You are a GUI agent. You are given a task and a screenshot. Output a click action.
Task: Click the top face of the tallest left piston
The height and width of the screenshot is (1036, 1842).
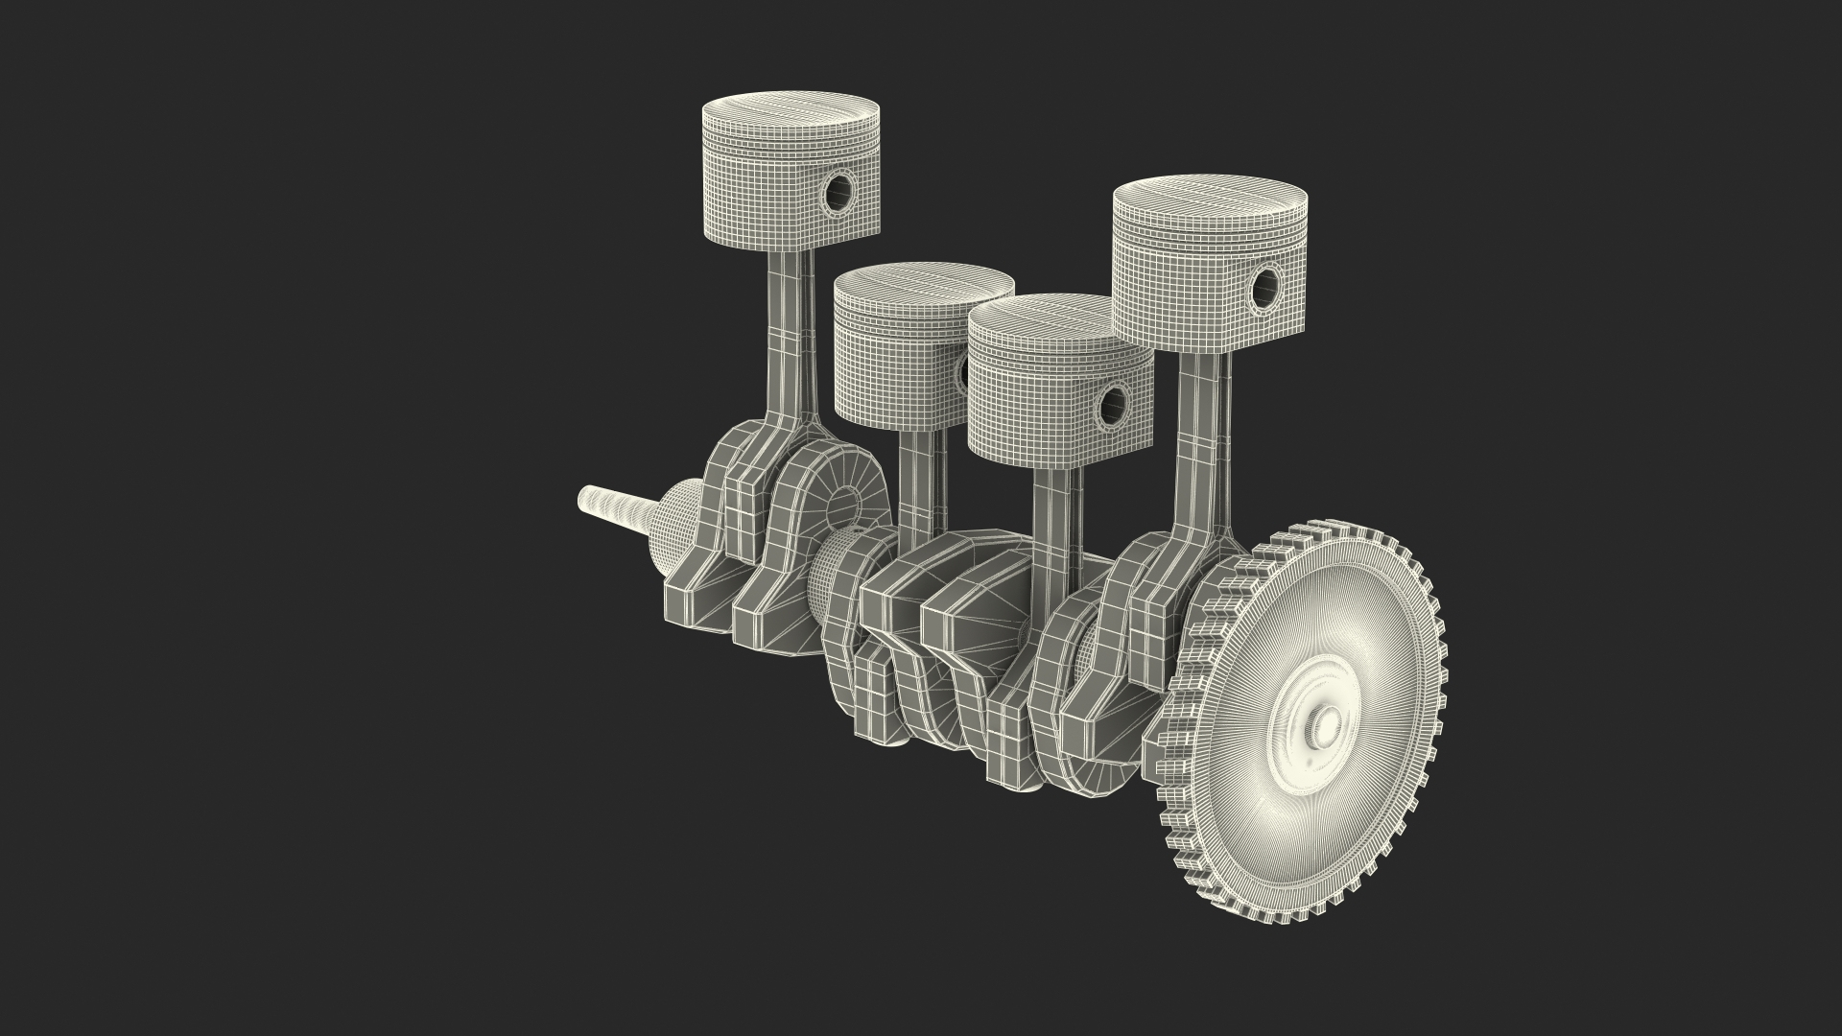[x=791, y=109]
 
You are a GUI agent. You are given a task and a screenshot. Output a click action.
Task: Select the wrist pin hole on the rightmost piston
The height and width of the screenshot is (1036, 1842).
[x=1265, y=284]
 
